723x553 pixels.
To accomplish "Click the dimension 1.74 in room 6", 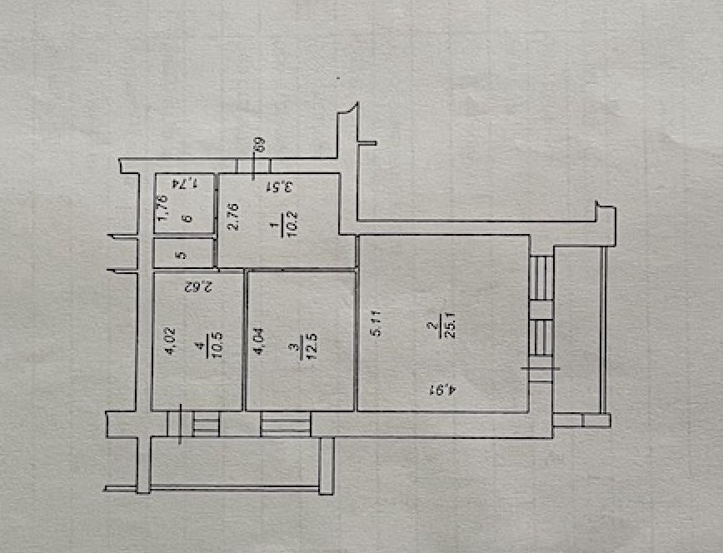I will [x=185, y=182].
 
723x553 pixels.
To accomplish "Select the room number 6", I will [x=186, y=220].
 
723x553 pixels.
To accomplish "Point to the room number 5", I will [x=184, y=255].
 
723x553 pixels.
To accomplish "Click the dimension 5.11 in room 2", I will [x=375, y=323].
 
